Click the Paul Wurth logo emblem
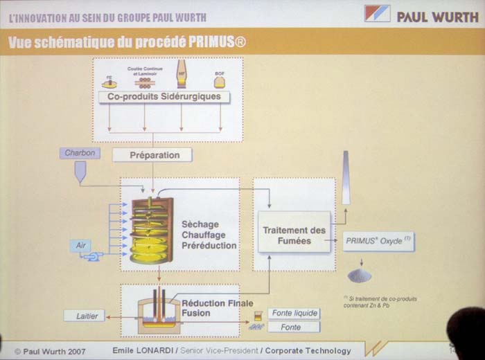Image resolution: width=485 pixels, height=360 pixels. coord(377,15)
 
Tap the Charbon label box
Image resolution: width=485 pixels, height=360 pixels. coord(80,153)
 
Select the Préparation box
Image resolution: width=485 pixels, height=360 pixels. coord(155,155)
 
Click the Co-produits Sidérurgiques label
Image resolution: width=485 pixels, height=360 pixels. coord(164,97)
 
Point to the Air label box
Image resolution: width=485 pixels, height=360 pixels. coord(80,245)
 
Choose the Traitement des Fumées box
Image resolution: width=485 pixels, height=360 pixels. coord(294,235)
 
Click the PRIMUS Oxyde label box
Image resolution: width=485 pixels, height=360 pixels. coord(378,241)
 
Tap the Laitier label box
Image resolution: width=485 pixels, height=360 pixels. coord(86,316)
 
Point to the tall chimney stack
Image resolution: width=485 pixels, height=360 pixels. coord(345,179)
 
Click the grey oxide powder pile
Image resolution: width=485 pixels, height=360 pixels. coord(359,275)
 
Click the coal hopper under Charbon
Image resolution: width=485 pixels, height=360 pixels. coord(80,172)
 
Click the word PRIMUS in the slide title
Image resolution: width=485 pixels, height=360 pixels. coord(209,43)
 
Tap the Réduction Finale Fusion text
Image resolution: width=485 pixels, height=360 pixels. coord(212,308)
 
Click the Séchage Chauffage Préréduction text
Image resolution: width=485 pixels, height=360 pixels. coord(209,235)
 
